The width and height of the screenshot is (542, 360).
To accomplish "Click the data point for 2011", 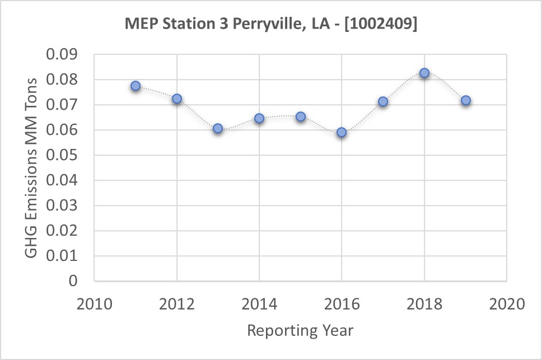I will (x=135, y=86).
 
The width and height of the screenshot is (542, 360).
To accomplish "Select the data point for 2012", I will (x=177, y=99).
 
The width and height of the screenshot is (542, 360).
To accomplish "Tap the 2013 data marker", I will (x=218, y=128).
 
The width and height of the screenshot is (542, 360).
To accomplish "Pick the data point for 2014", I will (x=259, y=118).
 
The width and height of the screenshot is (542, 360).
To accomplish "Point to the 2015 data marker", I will (x=301, y=116).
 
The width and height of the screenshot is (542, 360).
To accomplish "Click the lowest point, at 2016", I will (x=342, y=133).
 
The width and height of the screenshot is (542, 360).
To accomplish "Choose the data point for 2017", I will (x=383, y=101).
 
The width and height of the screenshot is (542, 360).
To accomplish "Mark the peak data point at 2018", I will (x=424, y=73).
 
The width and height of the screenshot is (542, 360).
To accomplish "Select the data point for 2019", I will (x=465, y=101).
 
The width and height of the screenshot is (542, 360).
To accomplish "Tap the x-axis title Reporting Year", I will (x=301, y=330).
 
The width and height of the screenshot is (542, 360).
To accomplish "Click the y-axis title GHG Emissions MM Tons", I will (x=31, y=167).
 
